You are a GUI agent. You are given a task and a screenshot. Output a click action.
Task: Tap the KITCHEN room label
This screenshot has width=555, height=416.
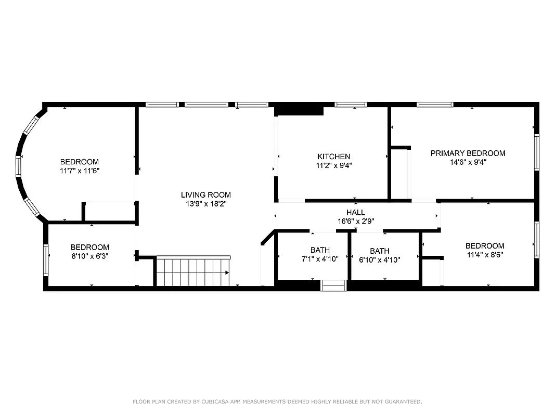click(x=333, y=157)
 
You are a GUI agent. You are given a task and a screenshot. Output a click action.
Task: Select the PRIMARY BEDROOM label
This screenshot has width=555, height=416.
click(x=468, y=153)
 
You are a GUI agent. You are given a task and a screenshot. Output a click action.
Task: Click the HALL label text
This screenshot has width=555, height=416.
click(x=356, y=213)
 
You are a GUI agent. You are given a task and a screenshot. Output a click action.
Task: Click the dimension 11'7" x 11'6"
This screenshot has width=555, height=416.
click(x=79, y=171)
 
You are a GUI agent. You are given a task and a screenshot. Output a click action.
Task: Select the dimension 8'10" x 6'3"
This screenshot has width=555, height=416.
click(x=90, y=256)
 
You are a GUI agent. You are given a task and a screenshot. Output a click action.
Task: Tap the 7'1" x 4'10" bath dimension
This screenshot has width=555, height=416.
click(x=320, y=259)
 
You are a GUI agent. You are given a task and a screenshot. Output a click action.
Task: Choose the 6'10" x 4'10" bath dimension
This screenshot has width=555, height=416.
click(x=379, y=260)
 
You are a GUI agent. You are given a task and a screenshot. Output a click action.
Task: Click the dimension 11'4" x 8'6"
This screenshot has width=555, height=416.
click(x=484, y=255)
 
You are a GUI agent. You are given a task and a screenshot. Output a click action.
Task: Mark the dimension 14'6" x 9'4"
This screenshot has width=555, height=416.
click(x=468, y=162)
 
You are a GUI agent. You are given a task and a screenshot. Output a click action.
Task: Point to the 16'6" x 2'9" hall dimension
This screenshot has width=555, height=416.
click(x=356, y=221)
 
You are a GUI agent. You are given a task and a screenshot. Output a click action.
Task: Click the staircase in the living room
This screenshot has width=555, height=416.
click(x=193, y=271)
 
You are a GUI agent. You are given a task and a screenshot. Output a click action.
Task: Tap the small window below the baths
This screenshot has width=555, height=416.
click(x=333, y=285)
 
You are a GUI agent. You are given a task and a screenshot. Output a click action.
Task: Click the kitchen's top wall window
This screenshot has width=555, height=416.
click(x=351, y=105)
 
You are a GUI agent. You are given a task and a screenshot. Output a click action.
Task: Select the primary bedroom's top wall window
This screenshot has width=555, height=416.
click(x=435, y=105)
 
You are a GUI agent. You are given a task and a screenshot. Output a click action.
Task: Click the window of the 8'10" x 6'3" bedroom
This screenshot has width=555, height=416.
click(x=46, y=260)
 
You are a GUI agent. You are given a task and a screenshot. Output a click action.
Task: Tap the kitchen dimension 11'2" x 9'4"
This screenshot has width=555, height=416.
click(x=333, y=165)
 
